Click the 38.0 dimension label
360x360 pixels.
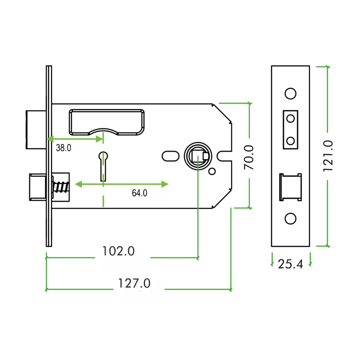[63, 148]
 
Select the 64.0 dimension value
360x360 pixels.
[140, 193]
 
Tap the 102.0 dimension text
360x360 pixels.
[118, 251]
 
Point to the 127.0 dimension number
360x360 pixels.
[134, 283]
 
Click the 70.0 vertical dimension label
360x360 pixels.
[249, 157]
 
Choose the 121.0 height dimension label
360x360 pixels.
[328, 156]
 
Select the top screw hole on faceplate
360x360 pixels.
[290, 93]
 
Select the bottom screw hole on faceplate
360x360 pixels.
[290, 219]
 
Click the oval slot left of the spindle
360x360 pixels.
[170, 156]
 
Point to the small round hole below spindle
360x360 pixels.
[212, 171]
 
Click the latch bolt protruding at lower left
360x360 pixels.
[37, 186]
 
